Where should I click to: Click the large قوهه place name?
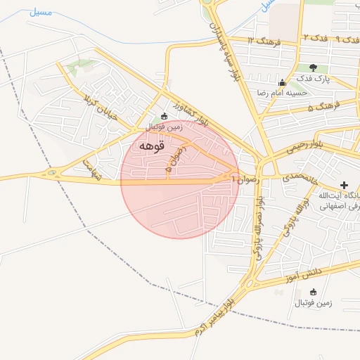(152, 146)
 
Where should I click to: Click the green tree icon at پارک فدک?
(313, 67)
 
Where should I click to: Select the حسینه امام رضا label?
(282, 93)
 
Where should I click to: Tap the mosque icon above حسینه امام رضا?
(283, 82)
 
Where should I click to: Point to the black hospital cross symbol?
(343, 184)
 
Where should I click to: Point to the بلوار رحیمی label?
(304, 148)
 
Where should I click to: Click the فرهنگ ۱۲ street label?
(264, 41)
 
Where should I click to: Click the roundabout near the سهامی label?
(51, 173)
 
